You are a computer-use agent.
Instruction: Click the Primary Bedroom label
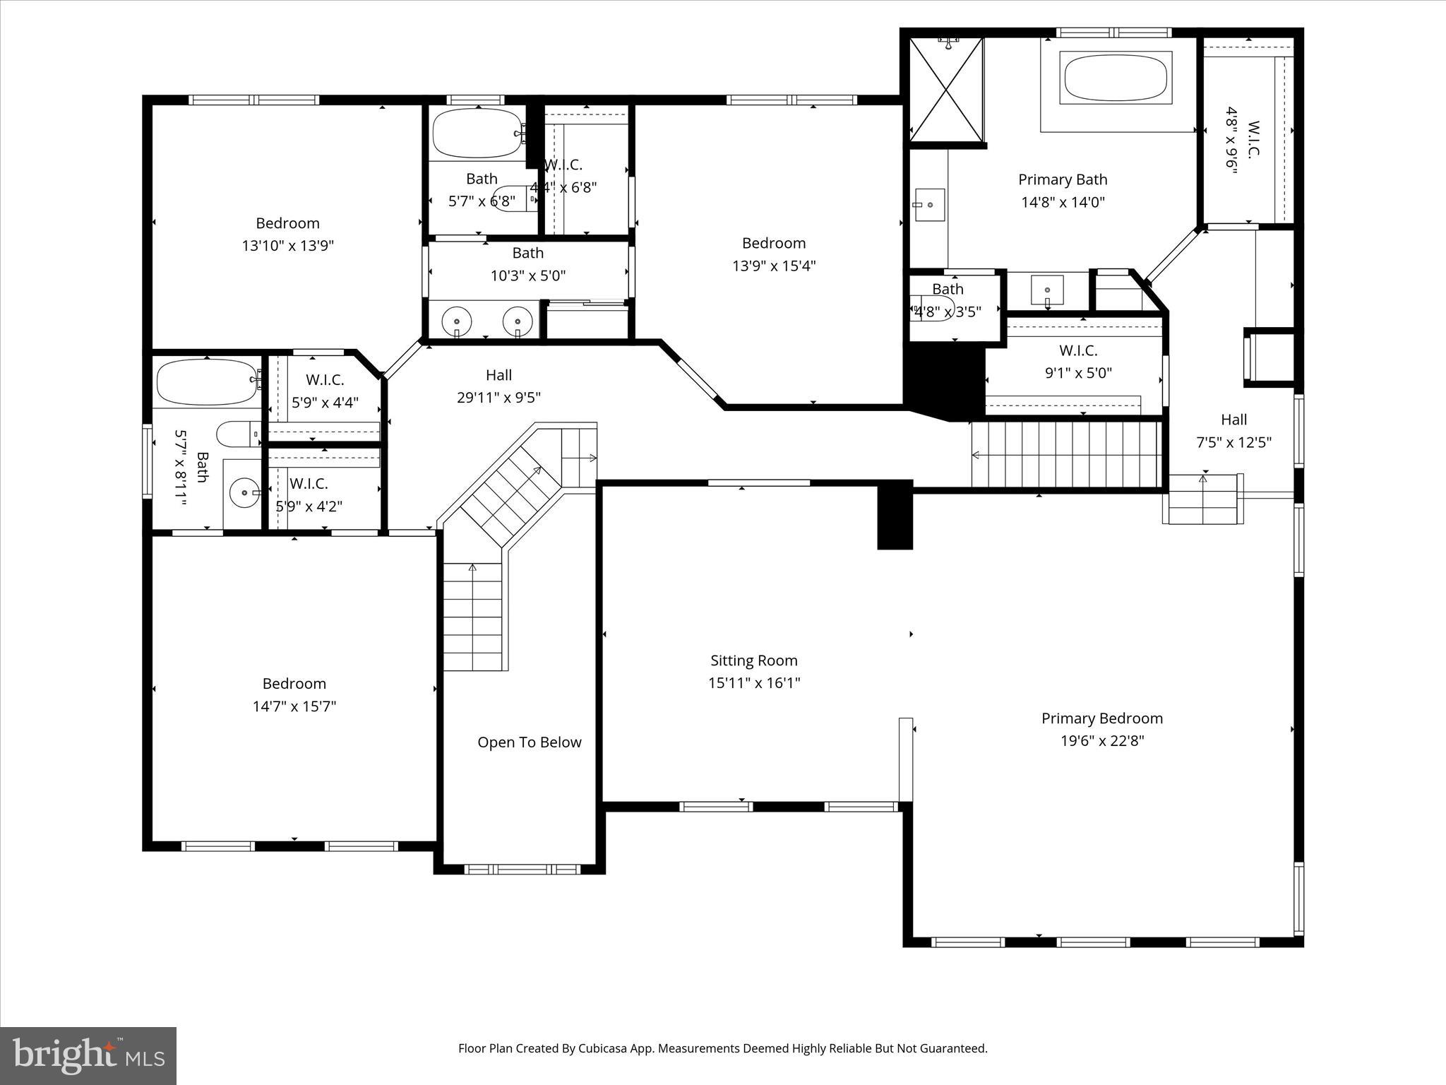[x=1101, y=718]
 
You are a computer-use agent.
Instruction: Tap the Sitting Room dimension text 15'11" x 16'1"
[x=754, y=683]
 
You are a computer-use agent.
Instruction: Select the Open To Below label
[x=530, y=742]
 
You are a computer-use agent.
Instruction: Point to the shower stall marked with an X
[x=946, y=89]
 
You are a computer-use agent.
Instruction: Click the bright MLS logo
[x=88, y=1055]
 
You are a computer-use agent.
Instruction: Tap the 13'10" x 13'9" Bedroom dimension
[x=287, y=246]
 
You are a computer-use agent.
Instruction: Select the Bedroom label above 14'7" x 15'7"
[x=294, y=684]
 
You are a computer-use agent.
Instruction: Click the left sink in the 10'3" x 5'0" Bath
[x=457, y=321]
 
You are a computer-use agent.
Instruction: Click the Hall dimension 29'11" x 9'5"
[x=498, y=398]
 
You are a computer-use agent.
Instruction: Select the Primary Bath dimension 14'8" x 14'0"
[x=1063, y=202]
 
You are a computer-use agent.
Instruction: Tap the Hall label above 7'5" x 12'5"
[x=1233, y=420]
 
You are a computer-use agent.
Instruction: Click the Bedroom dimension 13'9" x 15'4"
[x=774, y=266]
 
